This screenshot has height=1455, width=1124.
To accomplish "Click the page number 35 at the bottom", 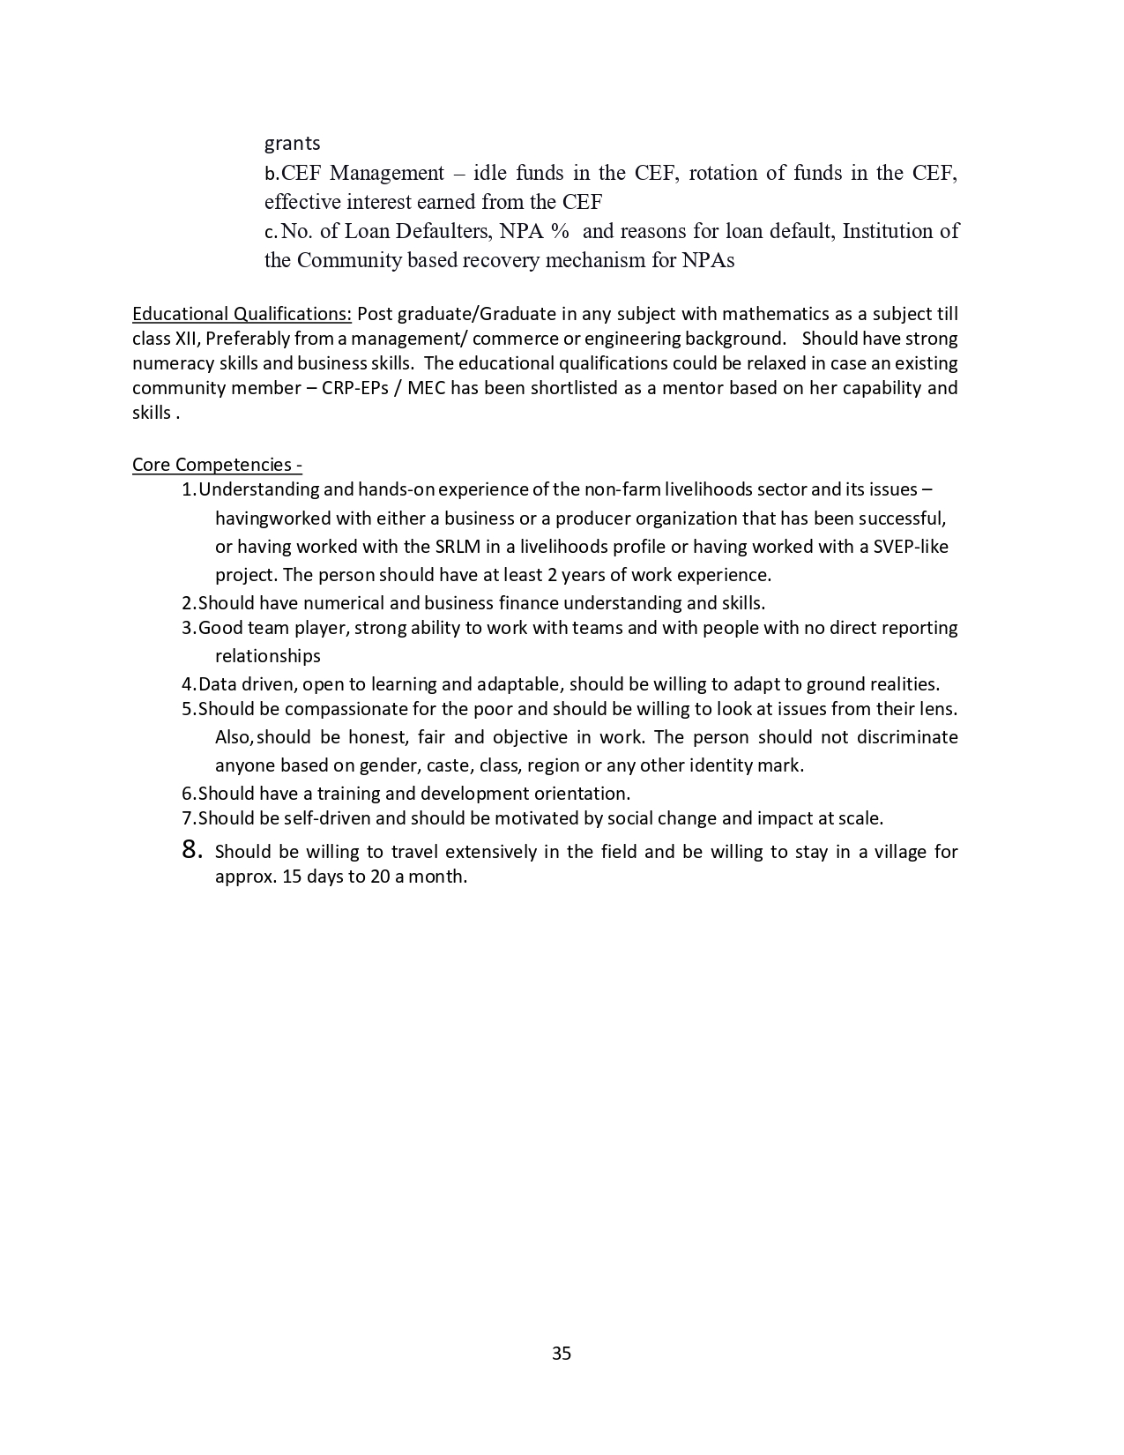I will [x=562, y=1353].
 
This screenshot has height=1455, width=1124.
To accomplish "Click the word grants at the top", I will [x=293, y=143].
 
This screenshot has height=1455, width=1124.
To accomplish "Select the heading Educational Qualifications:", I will [x=242, y=314].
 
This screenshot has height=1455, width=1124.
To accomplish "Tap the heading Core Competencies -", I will [x=217, y=465].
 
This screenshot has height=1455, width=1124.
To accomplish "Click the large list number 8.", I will [x=191, y=850].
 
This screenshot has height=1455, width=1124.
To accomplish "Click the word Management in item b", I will [x=387, y=173].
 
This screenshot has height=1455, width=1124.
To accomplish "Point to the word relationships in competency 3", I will [x=268, y=656].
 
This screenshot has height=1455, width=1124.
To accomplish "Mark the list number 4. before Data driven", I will [x=189, y=684].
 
